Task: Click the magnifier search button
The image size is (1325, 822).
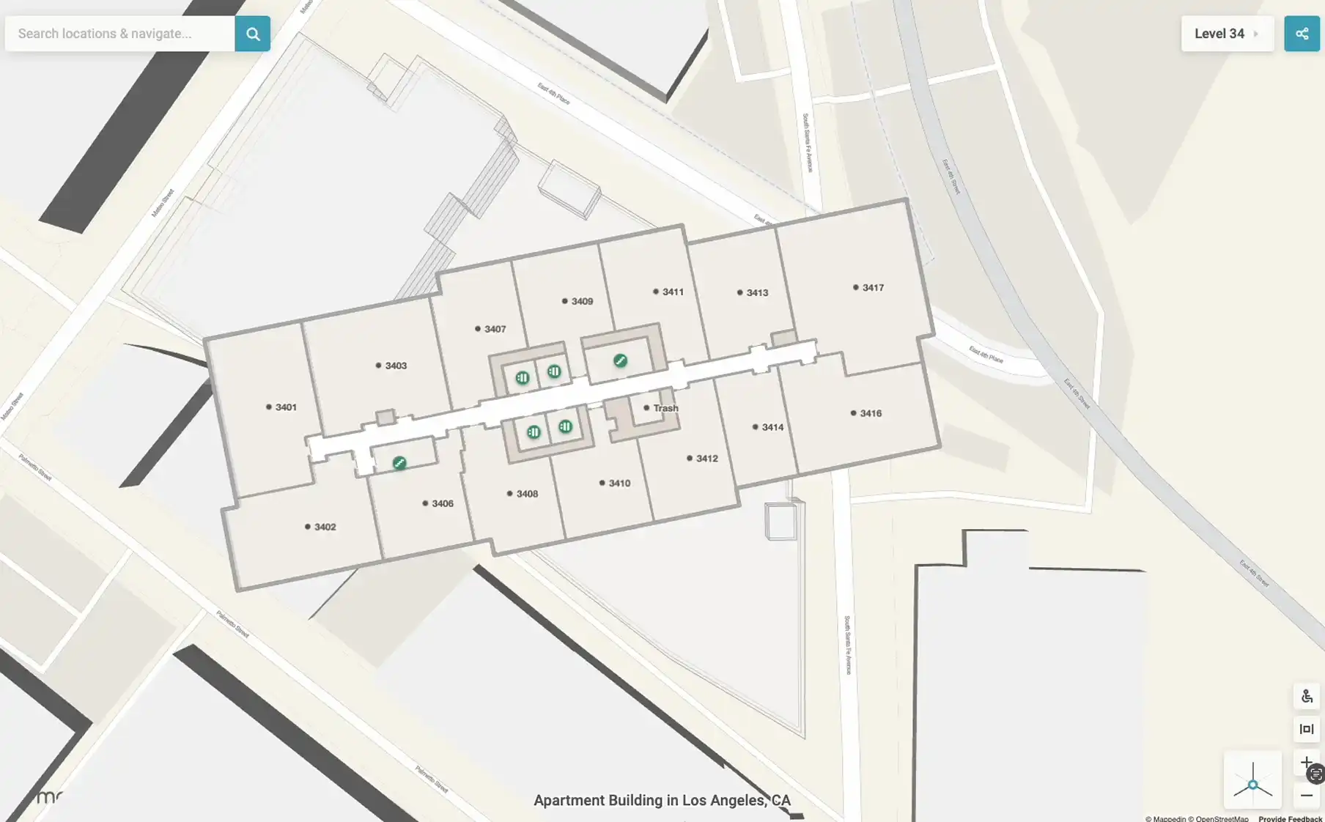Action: tap(252, 34)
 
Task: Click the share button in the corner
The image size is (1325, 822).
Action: tap(1302, 34)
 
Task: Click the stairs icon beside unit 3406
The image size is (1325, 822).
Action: tap(399, 463)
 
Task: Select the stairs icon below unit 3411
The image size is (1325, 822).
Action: tap(620, 360)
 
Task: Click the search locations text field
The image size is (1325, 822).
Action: tap(120, 34)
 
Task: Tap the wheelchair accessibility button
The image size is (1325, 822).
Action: tap(1306, 697)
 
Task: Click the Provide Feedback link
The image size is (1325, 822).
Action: tap(1290, 818)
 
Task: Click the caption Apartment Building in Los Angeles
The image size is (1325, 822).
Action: tap(662, 800)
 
